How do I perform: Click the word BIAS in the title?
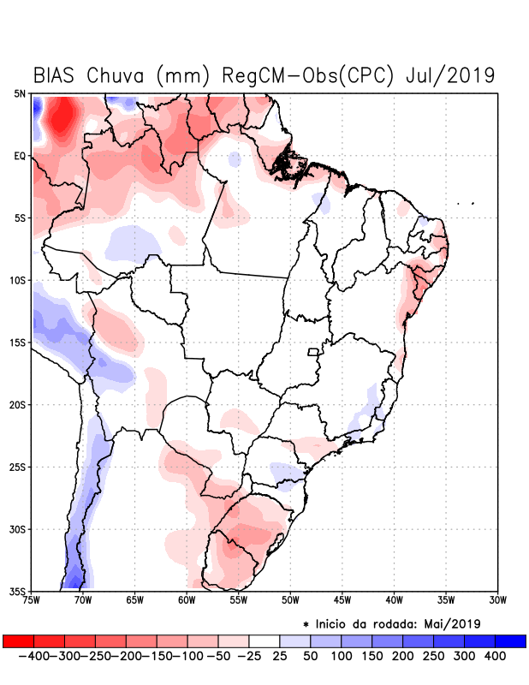tap(58, 75)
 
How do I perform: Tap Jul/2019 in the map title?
tap(452, 75)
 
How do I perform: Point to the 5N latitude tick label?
tap(20, 93)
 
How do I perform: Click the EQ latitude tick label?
tap(20, 156)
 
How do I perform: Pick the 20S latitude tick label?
tap(18, 404)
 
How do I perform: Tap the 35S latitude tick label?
tap(18, 591)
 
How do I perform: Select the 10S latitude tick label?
tap(18, 280)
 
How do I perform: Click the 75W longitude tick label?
tap(33, 600)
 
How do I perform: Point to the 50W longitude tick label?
tap(290, 600)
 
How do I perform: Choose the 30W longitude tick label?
tap(498, 600)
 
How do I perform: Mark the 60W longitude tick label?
tap(187, 600)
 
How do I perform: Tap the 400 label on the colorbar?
tap(495, 655)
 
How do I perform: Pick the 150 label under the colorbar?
tap(372, 655)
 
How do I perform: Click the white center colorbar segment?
tap(264, 640)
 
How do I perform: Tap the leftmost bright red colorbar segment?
tap(18, 640)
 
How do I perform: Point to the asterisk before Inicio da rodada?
tap(306, 623)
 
